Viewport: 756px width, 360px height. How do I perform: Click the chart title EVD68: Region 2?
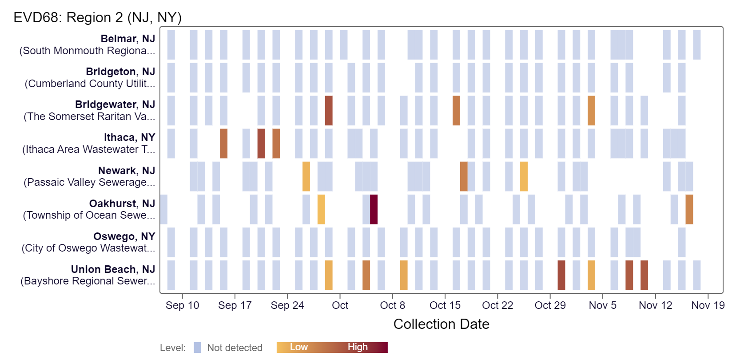coord(97,17)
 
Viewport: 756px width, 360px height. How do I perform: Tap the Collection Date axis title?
coord(441,324)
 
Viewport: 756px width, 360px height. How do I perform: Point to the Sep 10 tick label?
coord(182,305)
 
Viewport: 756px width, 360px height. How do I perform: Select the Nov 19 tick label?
coord(708,305)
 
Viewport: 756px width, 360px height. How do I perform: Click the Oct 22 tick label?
coord(497,305)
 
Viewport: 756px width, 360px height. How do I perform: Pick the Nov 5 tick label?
coord(602,305)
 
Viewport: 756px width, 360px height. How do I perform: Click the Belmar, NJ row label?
coord(127,39)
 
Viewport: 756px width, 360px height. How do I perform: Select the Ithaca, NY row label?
coord(129,137)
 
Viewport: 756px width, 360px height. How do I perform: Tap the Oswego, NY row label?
coord(124,236)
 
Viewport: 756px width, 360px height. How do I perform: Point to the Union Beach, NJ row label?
coord(113,269)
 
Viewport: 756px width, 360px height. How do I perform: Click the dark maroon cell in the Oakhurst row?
coord(374,209)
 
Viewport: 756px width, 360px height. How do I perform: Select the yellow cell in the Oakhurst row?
coord(321,209)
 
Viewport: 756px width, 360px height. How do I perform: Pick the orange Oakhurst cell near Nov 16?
coord(689,209)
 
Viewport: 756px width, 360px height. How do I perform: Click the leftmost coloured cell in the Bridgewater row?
coord(329,111)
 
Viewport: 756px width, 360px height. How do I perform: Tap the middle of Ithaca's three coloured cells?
coord(261,144)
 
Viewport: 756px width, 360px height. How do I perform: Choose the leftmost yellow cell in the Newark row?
coord(306,176)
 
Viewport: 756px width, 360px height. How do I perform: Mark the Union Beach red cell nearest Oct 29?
coord(561,275)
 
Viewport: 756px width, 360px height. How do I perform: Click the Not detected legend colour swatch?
coord(197,348)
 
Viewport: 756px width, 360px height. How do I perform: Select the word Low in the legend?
coord(298,347)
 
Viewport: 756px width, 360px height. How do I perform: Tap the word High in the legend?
coord(358,347)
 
